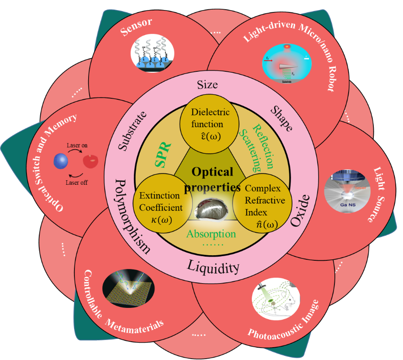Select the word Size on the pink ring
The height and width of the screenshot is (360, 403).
tap(207, 85)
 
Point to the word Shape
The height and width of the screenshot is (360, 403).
tap(281, 118)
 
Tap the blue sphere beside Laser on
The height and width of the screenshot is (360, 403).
tap(61, 161)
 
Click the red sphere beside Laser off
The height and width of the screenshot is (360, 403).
tap(91, 161)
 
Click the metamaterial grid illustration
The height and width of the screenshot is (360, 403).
tap(124, 289)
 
